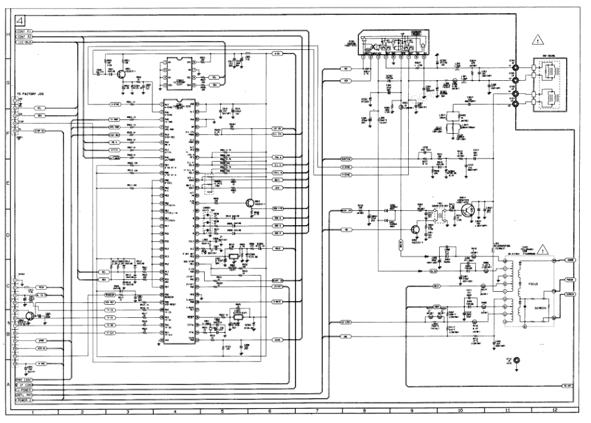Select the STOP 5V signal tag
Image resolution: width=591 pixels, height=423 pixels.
[x=42, y=131]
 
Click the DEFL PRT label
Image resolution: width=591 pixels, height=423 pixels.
[x=24, y=395]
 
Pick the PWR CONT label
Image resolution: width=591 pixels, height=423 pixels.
[x=24, y=379]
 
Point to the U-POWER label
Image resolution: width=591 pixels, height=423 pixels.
[x=24, y=390]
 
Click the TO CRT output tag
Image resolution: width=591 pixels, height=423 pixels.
[x=567, y=386]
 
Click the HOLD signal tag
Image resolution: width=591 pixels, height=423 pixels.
[x=278, y=248]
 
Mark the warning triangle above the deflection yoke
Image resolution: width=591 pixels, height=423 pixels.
[x=537, y=42]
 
